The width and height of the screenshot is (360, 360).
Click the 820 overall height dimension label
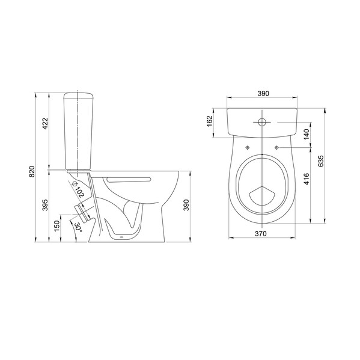coord(32,171)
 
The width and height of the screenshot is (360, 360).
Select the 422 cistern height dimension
coord(45,124)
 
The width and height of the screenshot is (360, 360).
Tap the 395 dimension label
coord(45,205)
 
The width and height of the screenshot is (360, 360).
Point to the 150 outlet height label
coord(57,225)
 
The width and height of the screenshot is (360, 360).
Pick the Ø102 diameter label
coord(78,189)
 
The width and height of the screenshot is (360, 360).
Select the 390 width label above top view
coord(263,93)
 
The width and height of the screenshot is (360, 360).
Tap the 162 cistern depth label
coord(210,121)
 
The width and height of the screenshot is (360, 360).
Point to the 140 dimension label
coord(307,134)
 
